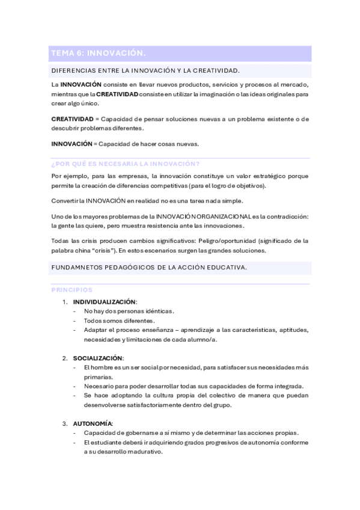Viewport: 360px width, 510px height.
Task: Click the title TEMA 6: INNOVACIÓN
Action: click(x=99, y=54)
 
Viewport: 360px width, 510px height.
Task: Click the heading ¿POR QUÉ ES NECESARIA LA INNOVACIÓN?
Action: click(x=126, y=164)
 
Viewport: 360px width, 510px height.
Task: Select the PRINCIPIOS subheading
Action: click(x=72, y=289)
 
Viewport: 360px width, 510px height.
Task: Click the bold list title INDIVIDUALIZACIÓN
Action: click(x=105, y=301)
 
